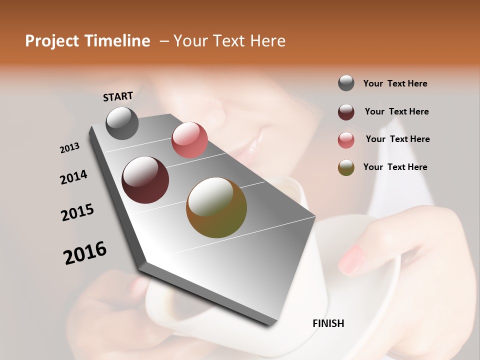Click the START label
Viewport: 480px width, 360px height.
pos(118,96)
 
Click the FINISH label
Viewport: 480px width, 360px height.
pos(328,323)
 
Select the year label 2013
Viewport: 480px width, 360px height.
pos(69,148)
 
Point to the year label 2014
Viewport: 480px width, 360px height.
pos(73,177)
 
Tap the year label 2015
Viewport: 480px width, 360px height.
pos(77,212)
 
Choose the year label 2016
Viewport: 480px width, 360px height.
pos(85,252)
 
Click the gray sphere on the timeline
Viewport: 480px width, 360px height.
pos(122,123)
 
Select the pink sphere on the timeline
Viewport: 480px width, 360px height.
pos(189,140)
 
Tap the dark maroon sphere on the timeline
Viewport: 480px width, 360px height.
pos(145,180)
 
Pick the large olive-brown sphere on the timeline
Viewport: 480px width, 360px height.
pos(216,207)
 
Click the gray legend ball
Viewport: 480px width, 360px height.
pos(346,83)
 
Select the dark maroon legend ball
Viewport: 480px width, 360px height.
pos(346,111)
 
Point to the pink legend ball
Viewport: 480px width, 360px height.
pos(346,139)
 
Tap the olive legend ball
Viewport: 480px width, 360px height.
pos(346,167)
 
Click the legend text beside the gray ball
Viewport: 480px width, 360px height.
pos(395,83)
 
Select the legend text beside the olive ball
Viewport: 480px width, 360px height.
pos(395,167)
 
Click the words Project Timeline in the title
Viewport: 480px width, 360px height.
pos(87,41)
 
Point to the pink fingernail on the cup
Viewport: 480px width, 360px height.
pos(352,258)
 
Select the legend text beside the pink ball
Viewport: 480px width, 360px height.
pos(397,139)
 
